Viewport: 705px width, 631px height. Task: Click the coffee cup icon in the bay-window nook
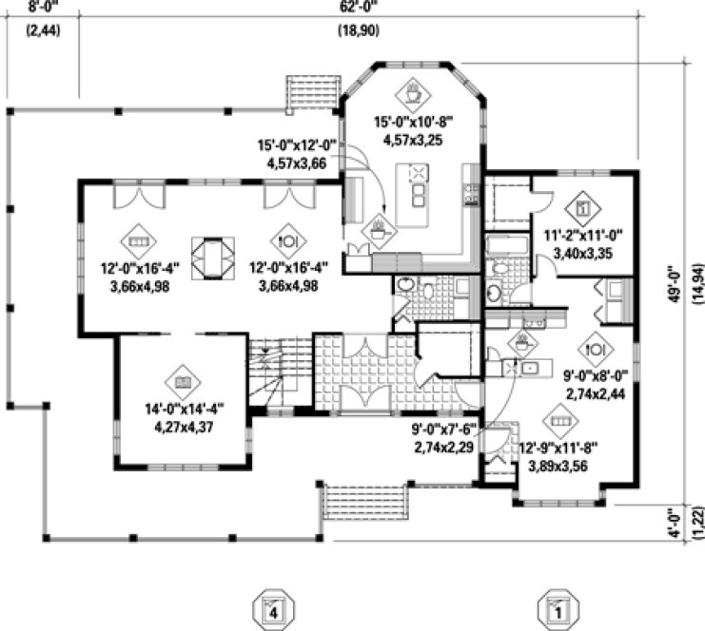click(414, 94)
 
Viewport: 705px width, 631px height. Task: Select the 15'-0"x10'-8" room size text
click(415, 123)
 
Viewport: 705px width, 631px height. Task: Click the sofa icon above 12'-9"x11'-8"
click(561, 416)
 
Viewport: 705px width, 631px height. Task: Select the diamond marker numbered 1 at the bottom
click(557, 609)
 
